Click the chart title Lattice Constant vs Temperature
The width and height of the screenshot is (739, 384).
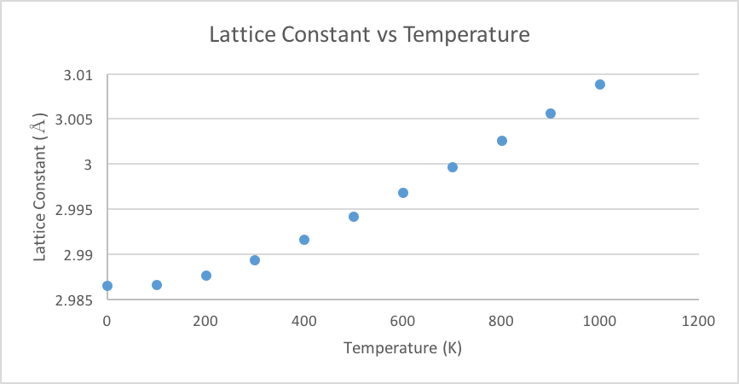point(370,35)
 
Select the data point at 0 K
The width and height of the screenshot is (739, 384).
point(107,286)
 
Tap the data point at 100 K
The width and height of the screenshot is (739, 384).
point(157,285)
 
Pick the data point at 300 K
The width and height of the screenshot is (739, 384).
point(255,260)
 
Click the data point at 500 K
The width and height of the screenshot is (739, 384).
point(354,217)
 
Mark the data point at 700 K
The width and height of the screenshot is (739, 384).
point(453,167)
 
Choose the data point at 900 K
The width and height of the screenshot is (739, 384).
point(551,113)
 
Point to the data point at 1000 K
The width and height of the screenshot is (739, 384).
point(600,84)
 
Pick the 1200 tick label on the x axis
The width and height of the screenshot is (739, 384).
point(698,321)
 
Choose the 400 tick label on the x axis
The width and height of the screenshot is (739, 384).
point(304,321)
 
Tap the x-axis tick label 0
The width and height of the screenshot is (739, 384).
point(107,321)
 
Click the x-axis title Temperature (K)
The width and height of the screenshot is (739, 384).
point(402,348)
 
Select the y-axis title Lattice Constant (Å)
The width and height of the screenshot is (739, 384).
point(39,189)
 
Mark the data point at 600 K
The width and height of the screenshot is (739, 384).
point(403,193)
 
